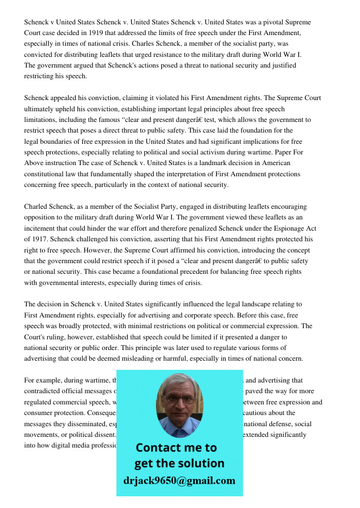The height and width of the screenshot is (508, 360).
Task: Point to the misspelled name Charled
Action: point(37,207)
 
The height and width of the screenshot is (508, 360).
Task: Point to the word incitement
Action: point(41,228)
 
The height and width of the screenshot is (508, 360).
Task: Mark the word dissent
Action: point(106,435)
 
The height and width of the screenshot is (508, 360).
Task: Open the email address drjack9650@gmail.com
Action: point(179,481)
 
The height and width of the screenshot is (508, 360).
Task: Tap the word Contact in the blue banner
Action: point(161,448)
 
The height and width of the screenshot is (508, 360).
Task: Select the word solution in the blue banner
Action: point(200,463)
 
